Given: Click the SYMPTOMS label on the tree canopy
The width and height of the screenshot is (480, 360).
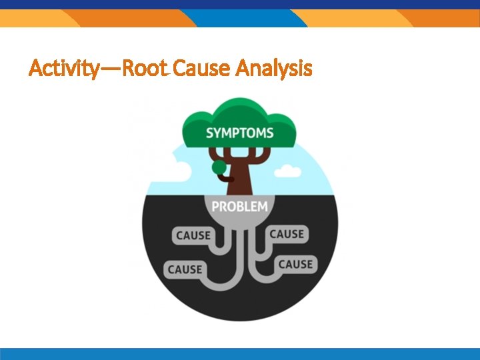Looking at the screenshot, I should click(239, 133).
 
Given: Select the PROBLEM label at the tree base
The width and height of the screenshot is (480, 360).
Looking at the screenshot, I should click(239, 207).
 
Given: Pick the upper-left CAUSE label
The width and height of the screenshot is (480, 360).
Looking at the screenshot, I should click(193, 235).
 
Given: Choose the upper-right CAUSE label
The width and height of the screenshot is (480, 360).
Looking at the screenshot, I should click(287, 234).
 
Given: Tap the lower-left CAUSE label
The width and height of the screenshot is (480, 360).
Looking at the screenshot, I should click(185, 269).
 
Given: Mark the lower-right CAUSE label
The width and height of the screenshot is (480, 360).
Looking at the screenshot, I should click(295, 264).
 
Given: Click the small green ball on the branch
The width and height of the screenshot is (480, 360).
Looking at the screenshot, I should click(218, 167).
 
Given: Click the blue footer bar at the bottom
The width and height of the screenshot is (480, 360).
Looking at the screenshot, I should click(240, 353).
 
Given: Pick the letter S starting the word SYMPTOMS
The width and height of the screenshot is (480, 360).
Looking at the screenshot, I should click(210, 133).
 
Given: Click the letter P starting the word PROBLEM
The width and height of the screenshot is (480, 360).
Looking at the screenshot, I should click(215, 207).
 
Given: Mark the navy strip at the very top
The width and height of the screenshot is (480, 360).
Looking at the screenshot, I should click(240, 4).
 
